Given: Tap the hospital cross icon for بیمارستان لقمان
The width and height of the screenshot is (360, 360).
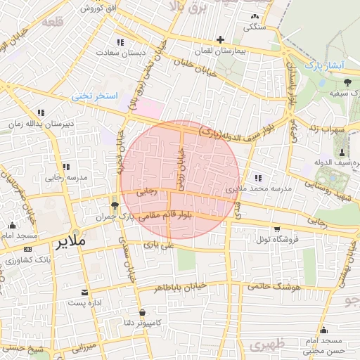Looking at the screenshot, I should click(x=221, y=39).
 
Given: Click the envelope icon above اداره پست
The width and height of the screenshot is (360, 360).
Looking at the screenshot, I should click(x=85, y=292).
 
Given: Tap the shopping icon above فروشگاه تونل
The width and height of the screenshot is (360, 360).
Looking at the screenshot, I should click(x=277, y=229).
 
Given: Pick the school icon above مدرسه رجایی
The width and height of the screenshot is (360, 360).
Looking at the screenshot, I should click(x=67, y=167).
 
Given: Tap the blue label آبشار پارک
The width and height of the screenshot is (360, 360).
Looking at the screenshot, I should click(x=323, y=65).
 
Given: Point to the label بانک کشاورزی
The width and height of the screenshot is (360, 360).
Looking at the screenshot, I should click(x=29, y=261).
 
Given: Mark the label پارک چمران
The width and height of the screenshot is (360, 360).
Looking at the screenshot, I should click(x=115, y=217).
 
